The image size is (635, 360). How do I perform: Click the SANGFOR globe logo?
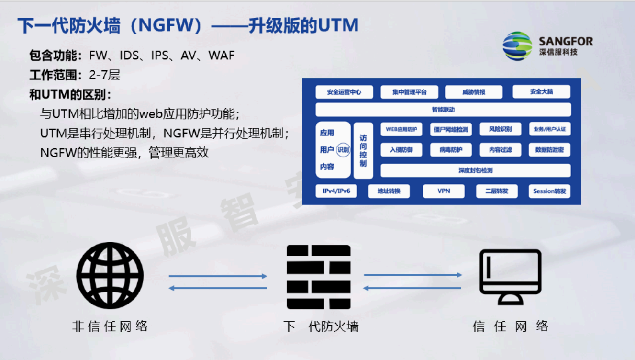[x=517, y=46]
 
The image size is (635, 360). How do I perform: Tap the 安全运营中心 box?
[x=344, y=92]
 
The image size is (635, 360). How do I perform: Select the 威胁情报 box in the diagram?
[x=473, y=92]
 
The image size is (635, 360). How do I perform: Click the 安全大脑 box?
[x=541, y=92]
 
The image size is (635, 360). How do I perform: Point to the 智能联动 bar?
[x=443, y=110]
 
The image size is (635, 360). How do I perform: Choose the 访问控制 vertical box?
[x=363, y=150]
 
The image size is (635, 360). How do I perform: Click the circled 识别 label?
[x=343, y=150]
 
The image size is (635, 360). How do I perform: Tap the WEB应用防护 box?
[x=401, y=129]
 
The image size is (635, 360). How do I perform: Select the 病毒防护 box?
[x=450, y=150]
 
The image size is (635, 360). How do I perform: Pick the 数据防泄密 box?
[x=549, y=150]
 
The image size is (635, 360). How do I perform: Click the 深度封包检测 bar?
[x=475, y=170]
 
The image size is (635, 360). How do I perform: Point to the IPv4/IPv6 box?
[x=336, y=191]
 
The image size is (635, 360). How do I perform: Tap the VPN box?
[x=444, y=191]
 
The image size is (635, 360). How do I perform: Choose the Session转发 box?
[x=549, y=191]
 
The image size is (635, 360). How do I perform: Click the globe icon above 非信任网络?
[x=110, y=276]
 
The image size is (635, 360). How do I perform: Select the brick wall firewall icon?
[x=318, y=277]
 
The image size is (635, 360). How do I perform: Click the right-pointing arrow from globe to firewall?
[x=218, y=276]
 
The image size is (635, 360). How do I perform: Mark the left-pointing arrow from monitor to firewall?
[x=412, y=288]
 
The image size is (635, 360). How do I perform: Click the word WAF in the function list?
[x=222, y=56]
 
